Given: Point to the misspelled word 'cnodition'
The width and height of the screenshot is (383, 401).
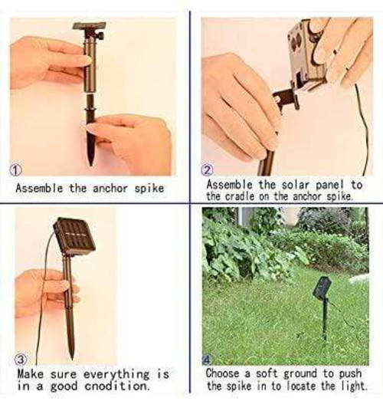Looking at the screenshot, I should point(114,387).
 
